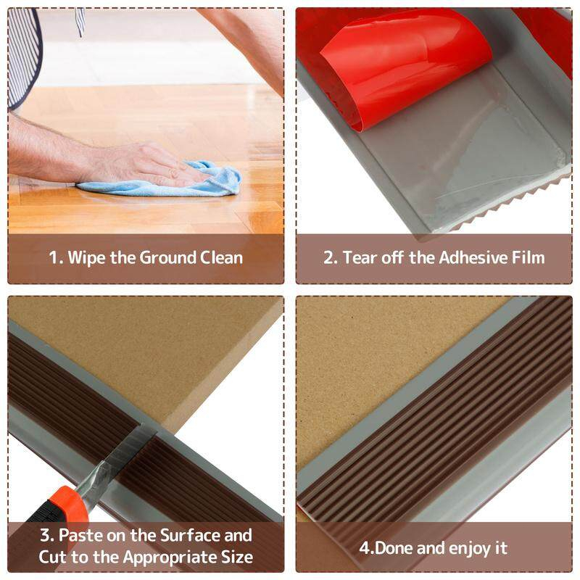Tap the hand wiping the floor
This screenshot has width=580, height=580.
[144, 165]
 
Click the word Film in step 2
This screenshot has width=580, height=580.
[529, 257]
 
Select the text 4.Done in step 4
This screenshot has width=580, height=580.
[386, 548]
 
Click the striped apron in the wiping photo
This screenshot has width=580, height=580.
[23, 56]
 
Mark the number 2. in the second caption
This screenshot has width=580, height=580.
[331, 257]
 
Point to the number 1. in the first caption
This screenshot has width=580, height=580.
[57, 257]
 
